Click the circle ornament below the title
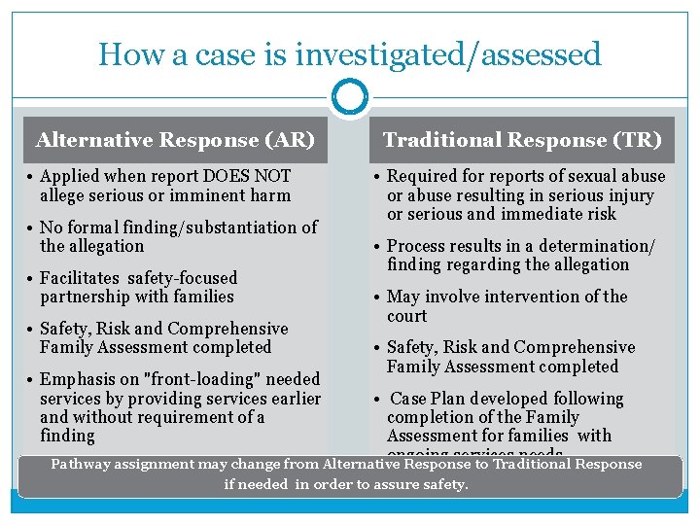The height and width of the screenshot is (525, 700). click(350, 97)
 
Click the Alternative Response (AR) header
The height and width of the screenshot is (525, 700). click(175, 140)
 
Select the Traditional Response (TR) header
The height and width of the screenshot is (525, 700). click(522, 140)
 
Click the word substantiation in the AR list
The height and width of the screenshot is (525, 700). click(242, 227)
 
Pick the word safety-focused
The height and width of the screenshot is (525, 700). click(187, 278)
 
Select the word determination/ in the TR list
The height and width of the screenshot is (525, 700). click(595, 246)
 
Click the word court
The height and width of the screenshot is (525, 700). click(406, 316)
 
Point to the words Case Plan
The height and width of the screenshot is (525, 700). click(427, 399)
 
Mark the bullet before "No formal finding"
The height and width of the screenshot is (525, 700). click(32, 227)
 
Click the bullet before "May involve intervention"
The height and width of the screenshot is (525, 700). click(379, 297)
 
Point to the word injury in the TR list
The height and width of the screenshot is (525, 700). click(628, 194)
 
